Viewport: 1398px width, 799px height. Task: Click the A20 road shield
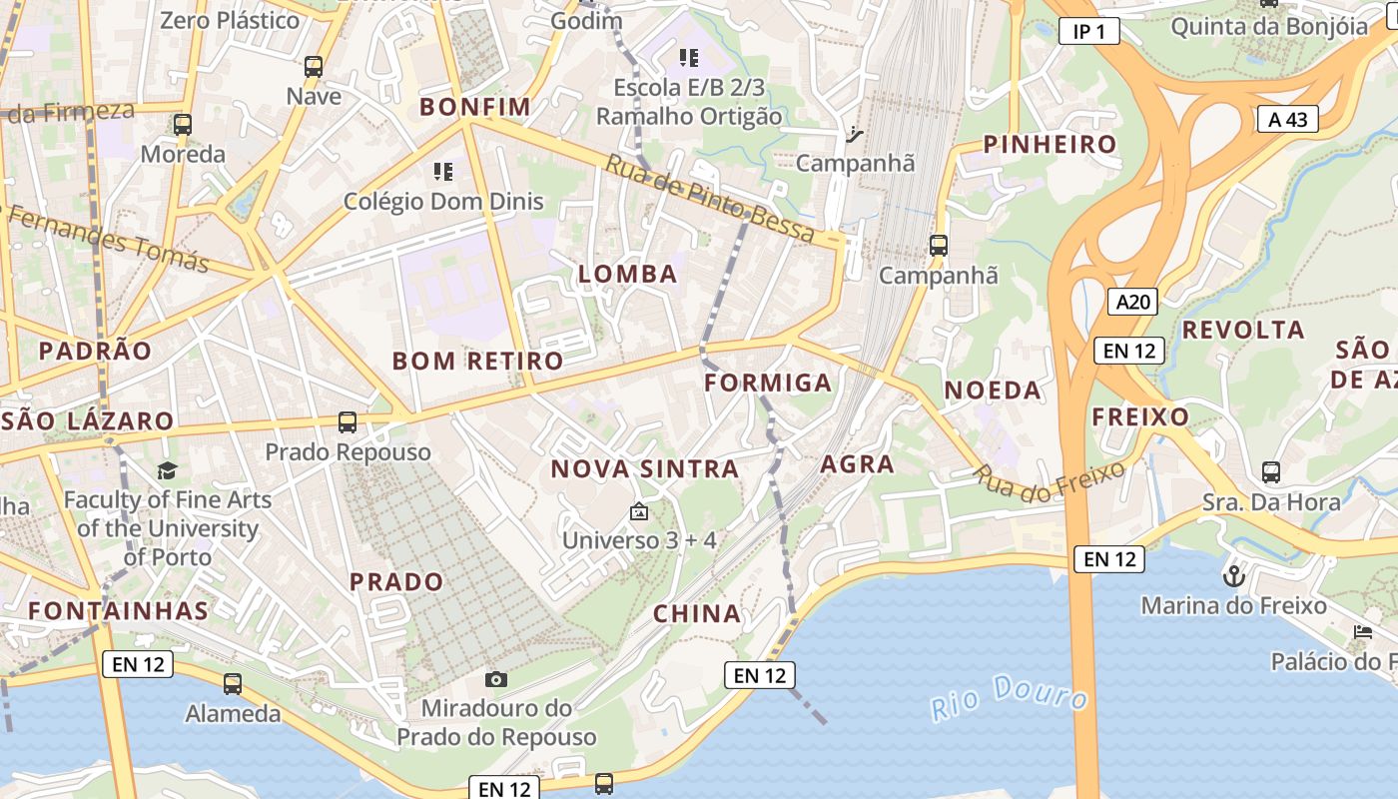1132,301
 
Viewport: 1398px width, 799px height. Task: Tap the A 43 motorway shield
1287,120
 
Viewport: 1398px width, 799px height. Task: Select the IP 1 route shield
1088,32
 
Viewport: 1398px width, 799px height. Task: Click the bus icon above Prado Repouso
348,421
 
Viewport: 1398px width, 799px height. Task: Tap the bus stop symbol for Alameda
233,684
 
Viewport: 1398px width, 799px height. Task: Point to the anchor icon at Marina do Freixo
1234,576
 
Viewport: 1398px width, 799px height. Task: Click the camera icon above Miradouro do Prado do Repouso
495,680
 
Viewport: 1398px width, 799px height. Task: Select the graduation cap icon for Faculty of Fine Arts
167,470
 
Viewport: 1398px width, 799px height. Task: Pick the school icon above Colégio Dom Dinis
443,172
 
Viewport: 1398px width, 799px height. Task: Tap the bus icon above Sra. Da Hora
1270,471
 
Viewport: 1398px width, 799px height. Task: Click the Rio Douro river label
1009,695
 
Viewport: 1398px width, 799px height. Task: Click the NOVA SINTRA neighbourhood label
645,468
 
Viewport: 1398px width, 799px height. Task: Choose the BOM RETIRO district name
477,361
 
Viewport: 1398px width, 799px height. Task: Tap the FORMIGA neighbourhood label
768,383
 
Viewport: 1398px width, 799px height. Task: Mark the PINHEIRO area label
1049,144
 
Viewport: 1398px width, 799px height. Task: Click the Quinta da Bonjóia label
1268,26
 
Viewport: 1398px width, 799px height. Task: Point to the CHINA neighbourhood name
697,614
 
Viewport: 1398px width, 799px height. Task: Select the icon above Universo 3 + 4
639,512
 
